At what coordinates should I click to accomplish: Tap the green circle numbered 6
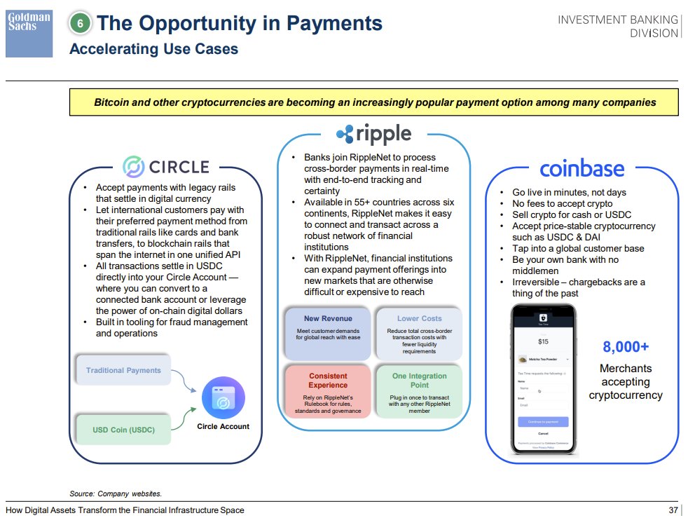tap(81, 24)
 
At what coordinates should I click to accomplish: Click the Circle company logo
tap(166, 166)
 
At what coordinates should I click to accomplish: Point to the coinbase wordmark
tap(582, 169)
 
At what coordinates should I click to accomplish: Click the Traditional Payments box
tap(123, 370)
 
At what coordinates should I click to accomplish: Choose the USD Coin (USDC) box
tap(123, 429)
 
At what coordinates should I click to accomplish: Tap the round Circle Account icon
tap(223, 398)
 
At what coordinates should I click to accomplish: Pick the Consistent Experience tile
tap(328, 390)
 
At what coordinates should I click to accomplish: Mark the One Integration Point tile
tap(419, 390)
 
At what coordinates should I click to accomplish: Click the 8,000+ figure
tap(626, 347)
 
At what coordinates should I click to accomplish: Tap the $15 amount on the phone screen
tap(543, 341)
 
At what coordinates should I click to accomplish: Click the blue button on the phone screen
tap(543, 422)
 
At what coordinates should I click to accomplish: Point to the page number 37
tap(674, 510)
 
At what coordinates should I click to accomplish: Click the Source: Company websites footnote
tap(116, 493)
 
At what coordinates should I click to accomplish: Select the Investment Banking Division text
tap(618, 27)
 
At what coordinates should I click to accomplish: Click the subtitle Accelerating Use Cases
tap(153, 49)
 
